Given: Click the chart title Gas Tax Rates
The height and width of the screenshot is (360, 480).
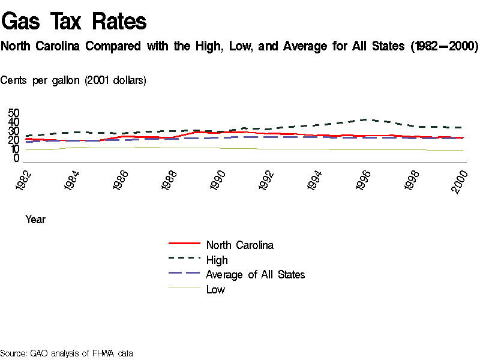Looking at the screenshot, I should (74, 22).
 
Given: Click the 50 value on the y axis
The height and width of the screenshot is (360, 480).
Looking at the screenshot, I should (13, 113).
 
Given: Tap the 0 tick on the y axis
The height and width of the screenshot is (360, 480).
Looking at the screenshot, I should (17, 158).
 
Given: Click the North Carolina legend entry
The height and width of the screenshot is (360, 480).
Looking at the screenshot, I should (239, 245).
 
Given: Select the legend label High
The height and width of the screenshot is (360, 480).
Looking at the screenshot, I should (217, 260).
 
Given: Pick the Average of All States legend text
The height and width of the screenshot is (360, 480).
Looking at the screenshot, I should (255, 275).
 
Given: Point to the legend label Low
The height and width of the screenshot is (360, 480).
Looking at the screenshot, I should (215, 290).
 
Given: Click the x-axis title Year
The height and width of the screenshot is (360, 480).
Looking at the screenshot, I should (35, 220).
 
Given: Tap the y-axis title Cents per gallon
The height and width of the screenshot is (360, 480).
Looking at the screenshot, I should (73, 80).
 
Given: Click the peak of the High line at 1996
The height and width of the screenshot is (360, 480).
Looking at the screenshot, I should (368, 119).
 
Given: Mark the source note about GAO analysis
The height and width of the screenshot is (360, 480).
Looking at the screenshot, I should (67, 353).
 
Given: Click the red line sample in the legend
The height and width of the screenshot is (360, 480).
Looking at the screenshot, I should (184, 244).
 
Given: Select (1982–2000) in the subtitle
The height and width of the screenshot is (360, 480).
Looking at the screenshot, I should (444, 46).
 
